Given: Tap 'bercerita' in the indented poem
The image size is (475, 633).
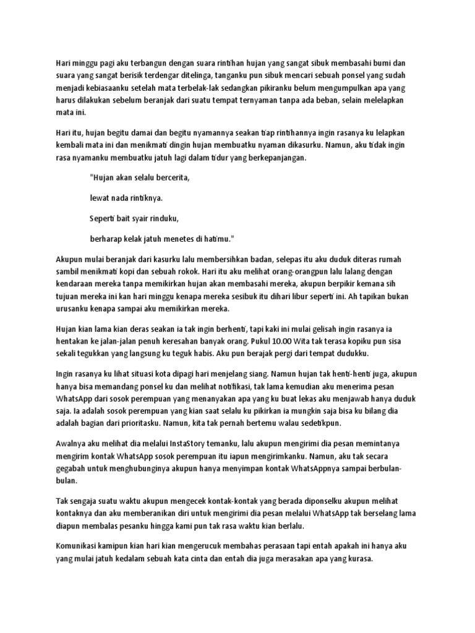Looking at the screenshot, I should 167,177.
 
